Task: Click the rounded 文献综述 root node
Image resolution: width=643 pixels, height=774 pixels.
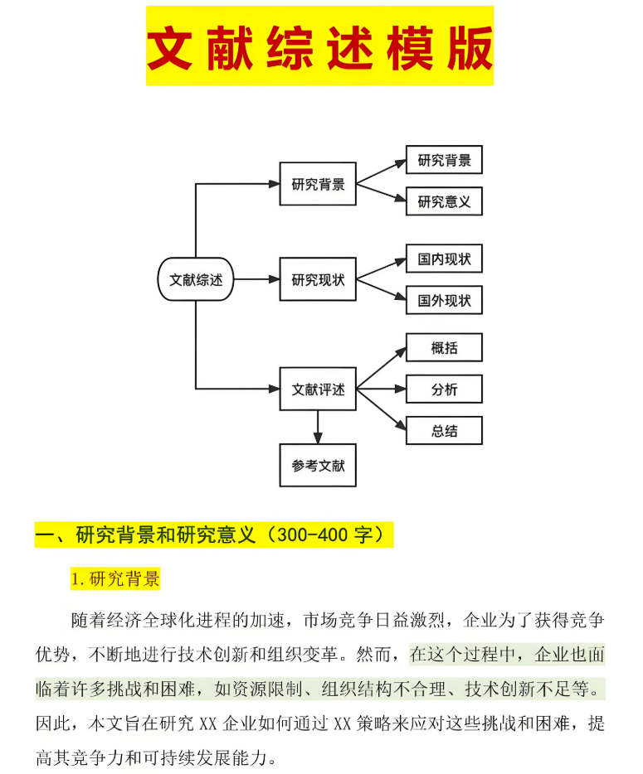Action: (196, 279)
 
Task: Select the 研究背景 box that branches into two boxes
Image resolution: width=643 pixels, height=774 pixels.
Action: (318, 184)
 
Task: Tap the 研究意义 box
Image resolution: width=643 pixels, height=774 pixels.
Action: (444, 201)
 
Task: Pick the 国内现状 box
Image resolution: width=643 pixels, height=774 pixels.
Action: (444, 259)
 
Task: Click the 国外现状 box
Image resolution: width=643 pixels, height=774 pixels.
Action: (444, 300)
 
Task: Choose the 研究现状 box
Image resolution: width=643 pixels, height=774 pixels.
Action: (318, 279)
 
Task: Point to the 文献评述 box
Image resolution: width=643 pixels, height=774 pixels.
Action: (318, 389)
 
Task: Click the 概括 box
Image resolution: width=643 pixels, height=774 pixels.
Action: (444, 348)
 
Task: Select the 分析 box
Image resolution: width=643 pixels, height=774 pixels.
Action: (444, 389)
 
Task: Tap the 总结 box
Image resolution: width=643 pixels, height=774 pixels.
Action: (444, 431)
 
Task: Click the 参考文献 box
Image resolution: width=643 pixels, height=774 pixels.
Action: (318, 466)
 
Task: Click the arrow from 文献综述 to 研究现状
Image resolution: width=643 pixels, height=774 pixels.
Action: (257, 279)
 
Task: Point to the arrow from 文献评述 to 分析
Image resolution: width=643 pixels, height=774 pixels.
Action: (380, 389)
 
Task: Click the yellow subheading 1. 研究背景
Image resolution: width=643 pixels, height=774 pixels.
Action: (115, 579)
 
